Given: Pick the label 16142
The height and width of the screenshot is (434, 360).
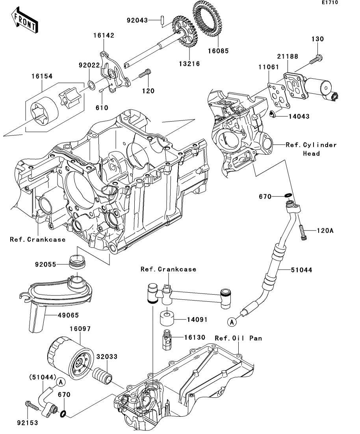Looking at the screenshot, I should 104,35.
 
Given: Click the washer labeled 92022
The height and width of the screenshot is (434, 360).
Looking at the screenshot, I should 91,84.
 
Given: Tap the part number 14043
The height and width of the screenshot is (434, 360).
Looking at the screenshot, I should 298,116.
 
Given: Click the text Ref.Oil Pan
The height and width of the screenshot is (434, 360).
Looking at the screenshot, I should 238,338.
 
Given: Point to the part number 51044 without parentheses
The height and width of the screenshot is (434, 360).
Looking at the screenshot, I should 302,270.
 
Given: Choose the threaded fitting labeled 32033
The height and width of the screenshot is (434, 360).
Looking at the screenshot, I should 103,376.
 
